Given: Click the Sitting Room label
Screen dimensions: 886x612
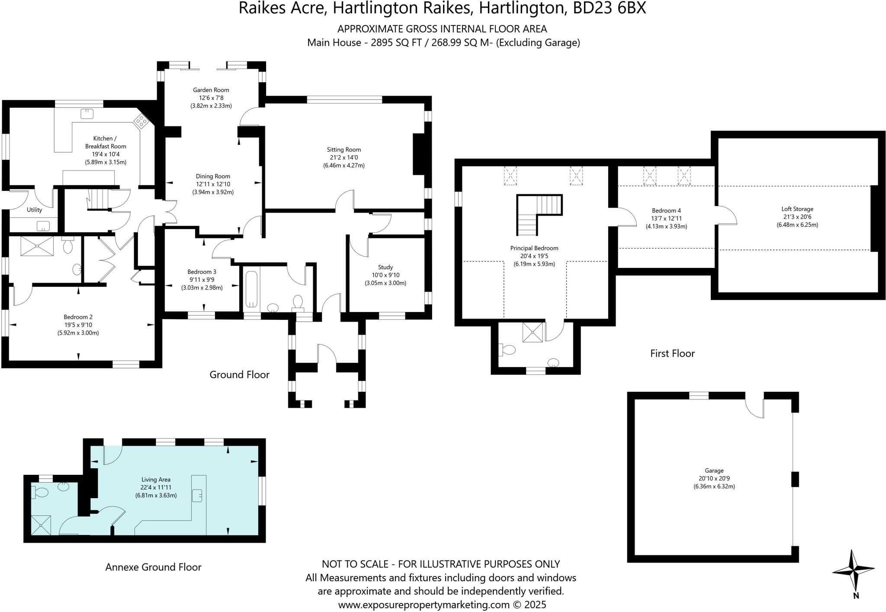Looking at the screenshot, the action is (344, 150).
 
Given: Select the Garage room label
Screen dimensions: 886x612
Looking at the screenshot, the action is (714, 470).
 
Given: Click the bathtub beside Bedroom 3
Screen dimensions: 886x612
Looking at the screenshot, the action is (251, 289).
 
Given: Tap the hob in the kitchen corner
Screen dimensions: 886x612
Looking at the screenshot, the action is (141, 121).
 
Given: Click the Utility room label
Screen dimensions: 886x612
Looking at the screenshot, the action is (35, 210).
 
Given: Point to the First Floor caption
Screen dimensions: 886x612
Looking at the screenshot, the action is (672, 353).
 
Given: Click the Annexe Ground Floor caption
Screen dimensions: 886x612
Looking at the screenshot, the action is (154, 567).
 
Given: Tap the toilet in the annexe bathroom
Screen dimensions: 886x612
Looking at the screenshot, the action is (39, 493).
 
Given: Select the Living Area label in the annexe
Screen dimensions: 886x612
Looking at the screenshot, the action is (156, 480).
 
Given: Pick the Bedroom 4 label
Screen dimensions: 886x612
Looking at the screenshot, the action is (666, 211).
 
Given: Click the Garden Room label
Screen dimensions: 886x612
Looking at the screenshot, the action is (211, 90).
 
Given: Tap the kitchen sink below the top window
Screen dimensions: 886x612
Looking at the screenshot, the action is (87, 114).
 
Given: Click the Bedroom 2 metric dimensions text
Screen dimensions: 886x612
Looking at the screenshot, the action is (78, 333).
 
